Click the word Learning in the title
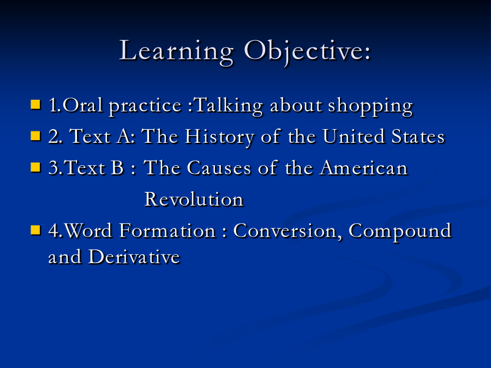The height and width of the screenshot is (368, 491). click(x=176, y=52)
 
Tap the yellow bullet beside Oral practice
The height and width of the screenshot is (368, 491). click(x=35, y=105)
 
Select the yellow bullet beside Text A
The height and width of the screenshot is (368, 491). click(x=35, y=136)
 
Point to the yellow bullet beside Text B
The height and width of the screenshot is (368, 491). click(x=35, y=167)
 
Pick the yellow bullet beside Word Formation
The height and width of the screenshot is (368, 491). click(x=35, y=230)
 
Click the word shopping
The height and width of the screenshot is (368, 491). click(x=370, y=106)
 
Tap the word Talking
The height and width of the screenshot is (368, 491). click(x=229, y=106)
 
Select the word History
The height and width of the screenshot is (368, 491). click(x=219, y=137)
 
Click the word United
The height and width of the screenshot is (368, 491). click(x=354, y=136)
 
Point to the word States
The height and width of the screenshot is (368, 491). click(x=418, y=137)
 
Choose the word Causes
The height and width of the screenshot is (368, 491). click(x=219, y=168)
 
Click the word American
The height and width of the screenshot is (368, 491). click(x=364, y=168)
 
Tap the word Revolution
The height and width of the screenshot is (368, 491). click(x=194, y=200)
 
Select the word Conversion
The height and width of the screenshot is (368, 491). click(x=288, y=232)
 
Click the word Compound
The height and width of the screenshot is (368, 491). click(x=400, y=232)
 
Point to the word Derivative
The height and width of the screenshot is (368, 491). click(x=134, y=257)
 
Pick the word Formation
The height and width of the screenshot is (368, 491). click(x=167, y=231)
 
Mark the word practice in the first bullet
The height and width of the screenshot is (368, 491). click(x=145, y=106)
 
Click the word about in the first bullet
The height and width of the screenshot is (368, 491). click(x=296, y=105)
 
